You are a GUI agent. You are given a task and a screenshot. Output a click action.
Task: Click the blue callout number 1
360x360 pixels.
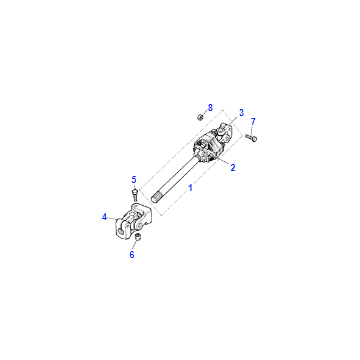tap(191, 188)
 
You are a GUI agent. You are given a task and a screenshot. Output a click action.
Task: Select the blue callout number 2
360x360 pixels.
tap(233, 168)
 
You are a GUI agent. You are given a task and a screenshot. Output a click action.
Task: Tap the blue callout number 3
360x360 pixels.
tap(241, 113)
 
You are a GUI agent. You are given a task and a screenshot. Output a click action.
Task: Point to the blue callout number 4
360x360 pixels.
tap(105, 217)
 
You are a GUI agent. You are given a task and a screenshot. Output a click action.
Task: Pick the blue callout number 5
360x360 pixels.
tap(134, 180)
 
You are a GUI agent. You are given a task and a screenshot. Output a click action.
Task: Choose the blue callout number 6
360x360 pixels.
tap(132, 255)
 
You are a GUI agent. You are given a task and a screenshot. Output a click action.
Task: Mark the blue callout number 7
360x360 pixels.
tap(253, 122)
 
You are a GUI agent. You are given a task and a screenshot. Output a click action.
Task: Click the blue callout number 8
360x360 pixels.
tap(210, 108)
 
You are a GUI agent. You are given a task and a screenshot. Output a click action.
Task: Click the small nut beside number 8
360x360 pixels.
tap(200, 117)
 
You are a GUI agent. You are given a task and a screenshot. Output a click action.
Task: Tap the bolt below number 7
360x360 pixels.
tap(252, 137)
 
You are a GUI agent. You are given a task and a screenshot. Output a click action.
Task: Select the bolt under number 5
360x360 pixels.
tap(134, 195)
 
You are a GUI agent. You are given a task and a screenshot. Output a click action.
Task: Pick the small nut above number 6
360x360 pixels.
tap(137, 237)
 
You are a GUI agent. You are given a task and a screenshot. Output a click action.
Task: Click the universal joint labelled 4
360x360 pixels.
tap(133, 221)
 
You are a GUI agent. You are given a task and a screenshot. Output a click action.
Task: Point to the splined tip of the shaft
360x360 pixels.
tap(156, 197)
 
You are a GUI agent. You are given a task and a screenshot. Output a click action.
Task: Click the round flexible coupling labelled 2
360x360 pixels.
tap(207, 150)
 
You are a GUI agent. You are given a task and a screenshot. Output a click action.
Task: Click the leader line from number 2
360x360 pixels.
tap(223, 162)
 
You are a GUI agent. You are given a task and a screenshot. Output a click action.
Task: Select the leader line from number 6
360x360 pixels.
tap(135, 246)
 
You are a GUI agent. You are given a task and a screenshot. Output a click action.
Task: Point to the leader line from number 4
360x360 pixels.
tap(113, 218)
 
